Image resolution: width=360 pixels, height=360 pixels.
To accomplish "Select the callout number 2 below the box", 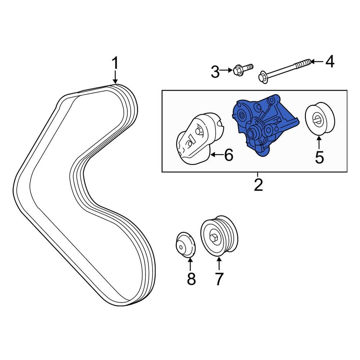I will point(258,184).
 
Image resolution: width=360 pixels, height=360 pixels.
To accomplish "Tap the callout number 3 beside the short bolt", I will point(215,72).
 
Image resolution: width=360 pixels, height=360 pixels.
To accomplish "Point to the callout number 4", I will point(329,62).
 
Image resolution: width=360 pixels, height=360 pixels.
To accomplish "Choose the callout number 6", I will point(229,155).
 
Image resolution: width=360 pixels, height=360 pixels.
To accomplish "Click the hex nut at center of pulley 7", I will point(213,238).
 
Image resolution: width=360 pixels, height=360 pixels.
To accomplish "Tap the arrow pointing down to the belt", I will point(115,77).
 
